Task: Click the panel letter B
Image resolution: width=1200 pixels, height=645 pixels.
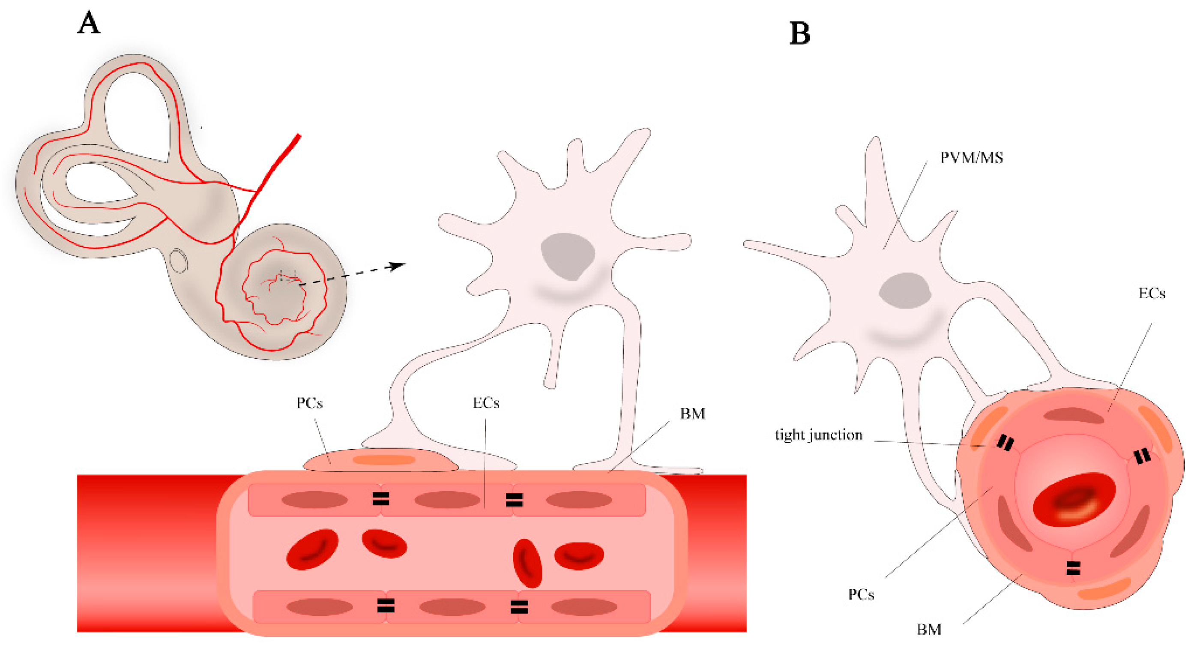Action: (800, 33)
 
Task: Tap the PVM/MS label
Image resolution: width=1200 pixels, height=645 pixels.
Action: (971, 158)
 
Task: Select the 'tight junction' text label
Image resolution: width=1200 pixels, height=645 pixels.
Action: (818, 435)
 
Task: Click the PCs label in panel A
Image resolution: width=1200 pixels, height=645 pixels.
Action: (310, 403)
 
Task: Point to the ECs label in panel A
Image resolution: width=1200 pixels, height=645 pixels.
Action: (486, 403)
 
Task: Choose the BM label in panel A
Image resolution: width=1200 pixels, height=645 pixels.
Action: (692, 414)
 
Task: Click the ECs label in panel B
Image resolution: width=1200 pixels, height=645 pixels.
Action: (1152, 293)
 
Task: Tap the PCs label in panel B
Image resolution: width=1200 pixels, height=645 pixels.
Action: (861, 595)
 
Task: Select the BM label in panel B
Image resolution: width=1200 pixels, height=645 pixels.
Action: (929, 630)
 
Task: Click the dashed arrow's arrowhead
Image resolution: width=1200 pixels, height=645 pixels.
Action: (398, 266)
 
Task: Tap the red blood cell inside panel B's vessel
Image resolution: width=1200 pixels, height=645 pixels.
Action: (1074, 500)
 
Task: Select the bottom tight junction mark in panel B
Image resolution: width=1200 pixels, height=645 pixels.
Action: (1073, 568)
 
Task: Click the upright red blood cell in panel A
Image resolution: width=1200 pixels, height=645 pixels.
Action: (527, 563)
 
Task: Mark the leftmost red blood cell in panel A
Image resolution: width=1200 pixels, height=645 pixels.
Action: (312, 549)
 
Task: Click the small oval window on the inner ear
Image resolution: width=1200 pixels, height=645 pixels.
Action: (178, 261)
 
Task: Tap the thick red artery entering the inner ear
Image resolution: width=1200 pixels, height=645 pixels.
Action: (279, 163)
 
